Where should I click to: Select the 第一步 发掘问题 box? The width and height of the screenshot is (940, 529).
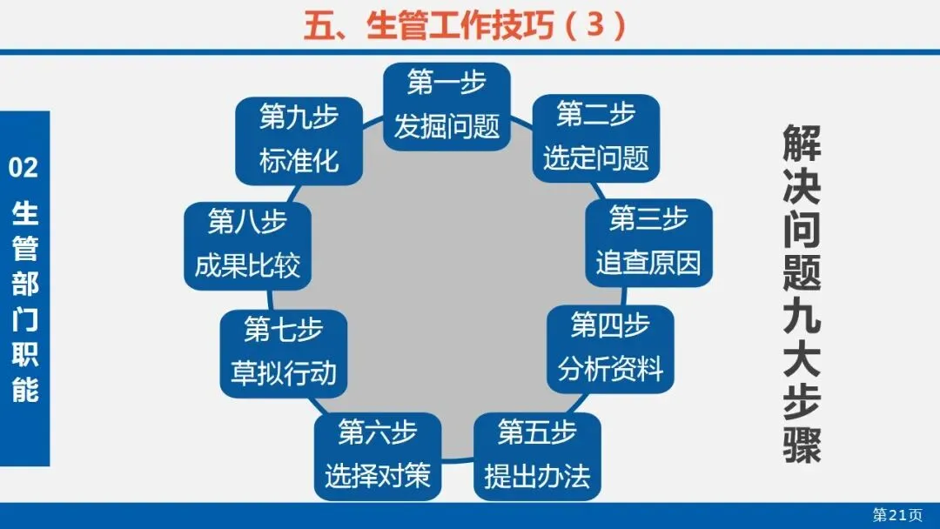[x=446, y=105]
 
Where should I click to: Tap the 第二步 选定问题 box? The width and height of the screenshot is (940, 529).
[x=595, y=137]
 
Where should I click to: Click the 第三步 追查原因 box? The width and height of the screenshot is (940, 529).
[x=648, y=242]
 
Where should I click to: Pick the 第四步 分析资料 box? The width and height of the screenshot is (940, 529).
[x=610, y=348]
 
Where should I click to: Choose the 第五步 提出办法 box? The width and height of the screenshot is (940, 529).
[x=537, y=456]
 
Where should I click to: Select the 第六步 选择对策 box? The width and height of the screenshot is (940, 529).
[x=378, y=456]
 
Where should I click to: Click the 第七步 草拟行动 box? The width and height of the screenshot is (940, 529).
[x=283, y=352]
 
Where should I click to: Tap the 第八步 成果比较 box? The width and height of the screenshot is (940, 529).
[x=247, y=245]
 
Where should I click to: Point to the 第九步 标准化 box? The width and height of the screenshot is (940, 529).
[x=299, y=139]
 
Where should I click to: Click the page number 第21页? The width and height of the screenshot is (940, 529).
[x=897, y=515]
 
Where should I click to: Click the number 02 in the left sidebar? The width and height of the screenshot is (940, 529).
[x=23, y=168]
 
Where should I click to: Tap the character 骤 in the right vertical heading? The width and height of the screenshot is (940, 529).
[x=802, y=443]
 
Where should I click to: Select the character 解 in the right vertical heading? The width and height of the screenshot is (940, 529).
[x=802, y=144]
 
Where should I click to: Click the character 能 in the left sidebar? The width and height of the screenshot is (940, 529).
[x=24, y=390]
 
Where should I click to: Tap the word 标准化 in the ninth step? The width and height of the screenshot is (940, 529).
[x=299, y=161]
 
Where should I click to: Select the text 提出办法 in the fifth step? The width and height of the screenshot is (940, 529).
[x=537, y=476]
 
